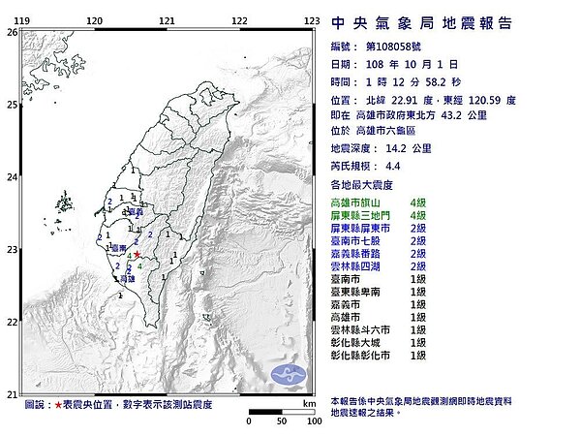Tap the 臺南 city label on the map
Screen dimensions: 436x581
tap(119, 249)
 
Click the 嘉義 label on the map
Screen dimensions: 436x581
tap(136, 211)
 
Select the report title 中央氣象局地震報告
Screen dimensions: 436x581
tap(421, 23)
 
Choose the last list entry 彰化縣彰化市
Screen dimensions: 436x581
tap(365, 355)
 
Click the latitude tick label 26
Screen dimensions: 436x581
tap(12, 32)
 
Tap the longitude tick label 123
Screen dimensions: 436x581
tap(312, 19)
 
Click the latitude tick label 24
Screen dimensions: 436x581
tap(12, 177)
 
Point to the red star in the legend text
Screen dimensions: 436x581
tap(58, 404)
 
